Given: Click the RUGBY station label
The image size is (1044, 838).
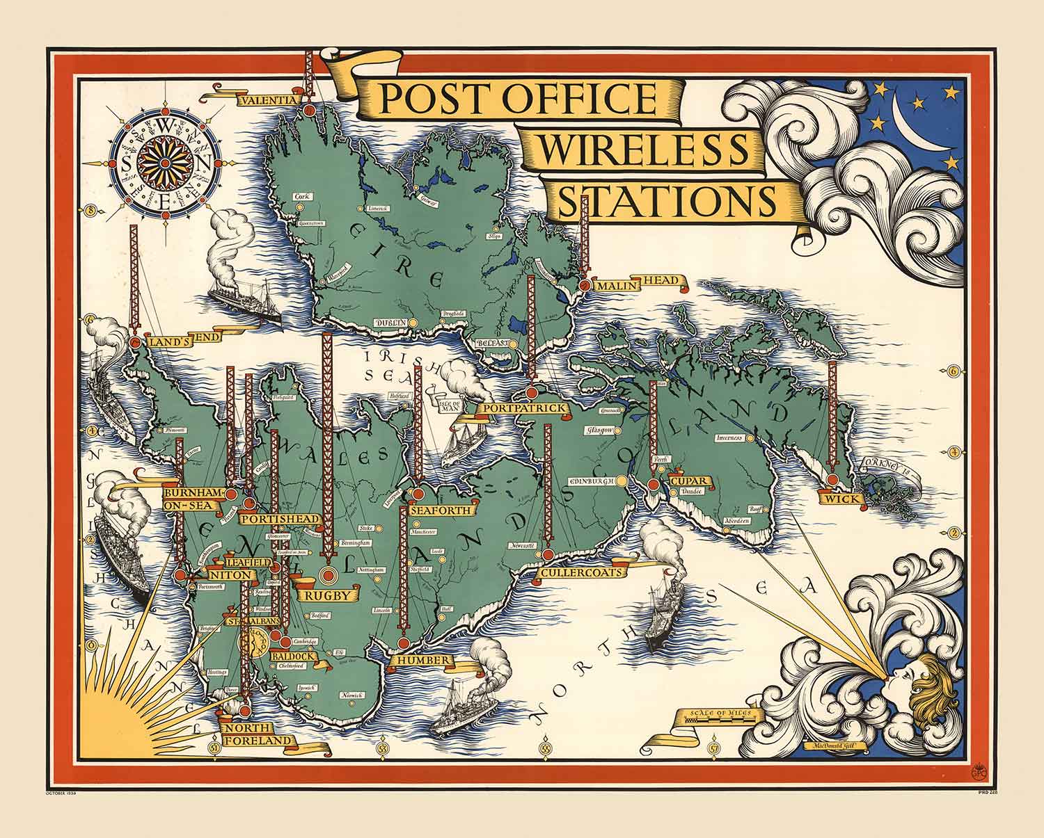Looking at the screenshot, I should click(326, 595).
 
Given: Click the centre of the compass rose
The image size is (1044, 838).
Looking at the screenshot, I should click(164, 163).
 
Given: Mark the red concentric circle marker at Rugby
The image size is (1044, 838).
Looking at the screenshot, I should click(327, 574).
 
